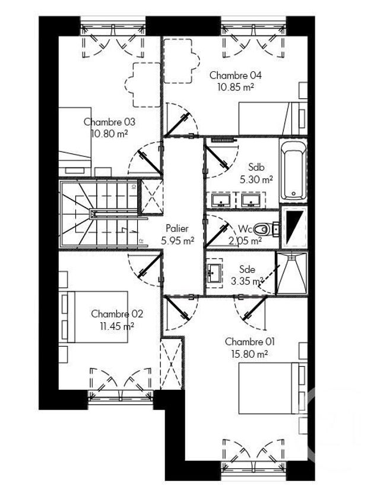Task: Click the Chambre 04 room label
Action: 236,75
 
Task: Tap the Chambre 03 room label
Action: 109,122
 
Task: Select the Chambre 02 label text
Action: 117,314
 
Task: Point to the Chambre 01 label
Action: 251,342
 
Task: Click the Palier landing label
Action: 178,229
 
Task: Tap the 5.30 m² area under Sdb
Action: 256,178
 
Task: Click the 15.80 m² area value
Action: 251,353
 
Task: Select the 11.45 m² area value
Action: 117,325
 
